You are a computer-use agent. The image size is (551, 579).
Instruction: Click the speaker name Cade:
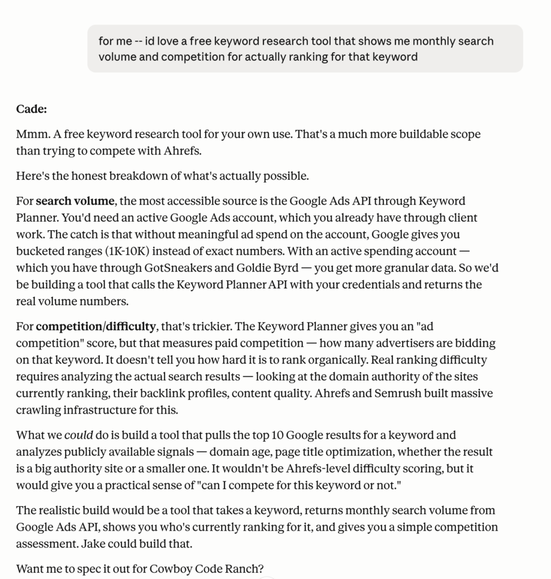point(31,109)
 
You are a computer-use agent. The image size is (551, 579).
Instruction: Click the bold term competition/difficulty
point(96,326)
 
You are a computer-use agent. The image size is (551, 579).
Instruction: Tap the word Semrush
point(431,393)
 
